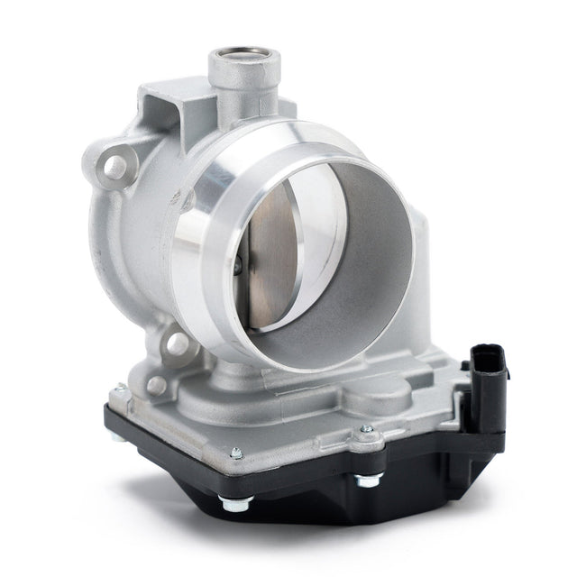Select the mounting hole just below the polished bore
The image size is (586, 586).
pyautogui.click(x=178, y=343)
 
